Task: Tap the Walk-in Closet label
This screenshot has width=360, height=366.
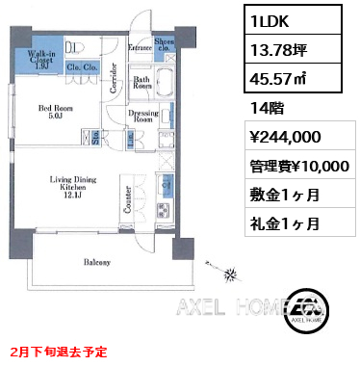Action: click(40, 59)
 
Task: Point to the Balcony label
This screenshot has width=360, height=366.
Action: click(95, 262)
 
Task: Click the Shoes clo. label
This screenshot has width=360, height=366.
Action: click(165, 44)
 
